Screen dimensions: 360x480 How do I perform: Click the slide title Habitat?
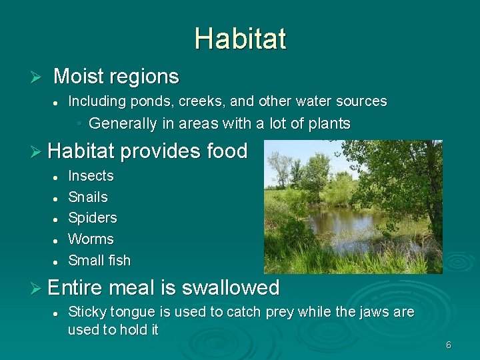[x=240, y=39]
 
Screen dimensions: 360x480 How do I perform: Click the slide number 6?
[x=449, y=345]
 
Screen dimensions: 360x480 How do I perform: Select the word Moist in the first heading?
[x=78, y=77]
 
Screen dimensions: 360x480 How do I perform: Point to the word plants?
[x=327, y=123]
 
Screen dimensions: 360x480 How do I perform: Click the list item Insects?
[x=91, y=176]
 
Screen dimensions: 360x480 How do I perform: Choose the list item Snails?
[x=88, y=197]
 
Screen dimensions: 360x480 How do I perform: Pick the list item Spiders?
[x=93, y=218]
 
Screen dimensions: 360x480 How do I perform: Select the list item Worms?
[x=91, y=239]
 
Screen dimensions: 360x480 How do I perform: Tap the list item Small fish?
[x=99, y=261]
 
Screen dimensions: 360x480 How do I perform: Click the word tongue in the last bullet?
[x=133, y=312]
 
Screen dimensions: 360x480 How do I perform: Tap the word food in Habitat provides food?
[x=227, y=151]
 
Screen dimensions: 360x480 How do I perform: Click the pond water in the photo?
[x=340, y=227]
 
